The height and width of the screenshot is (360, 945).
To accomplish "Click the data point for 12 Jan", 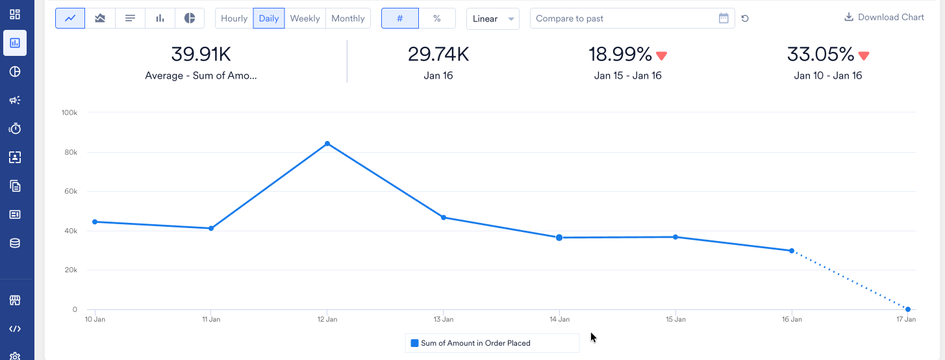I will [327, 144].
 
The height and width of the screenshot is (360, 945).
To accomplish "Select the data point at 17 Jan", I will [907, 309].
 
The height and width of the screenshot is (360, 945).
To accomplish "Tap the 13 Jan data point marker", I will [444, 218].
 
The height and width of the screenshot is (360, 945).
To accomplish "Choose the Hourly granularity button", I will [234, 18].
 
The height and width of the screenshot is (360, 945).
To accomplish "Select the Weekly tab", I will [305, 18].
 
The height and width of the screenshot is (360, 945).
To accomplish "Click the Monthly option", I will [347, 18].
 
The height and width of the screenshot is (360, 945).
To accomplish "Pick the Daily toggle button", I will [269, 18].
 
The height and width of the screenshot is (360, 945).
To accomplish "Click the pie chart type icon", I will [190, 18].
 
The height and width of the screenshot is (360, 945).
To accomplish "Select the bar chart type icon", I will [160, 18].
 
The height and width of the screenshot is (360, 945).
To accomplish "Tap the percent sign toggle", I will [437, 18].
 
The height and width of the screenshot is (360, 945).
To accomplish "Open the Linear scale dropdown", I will [492, 18].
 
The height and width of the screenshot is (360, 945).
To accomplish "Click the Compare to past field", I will [624, 18].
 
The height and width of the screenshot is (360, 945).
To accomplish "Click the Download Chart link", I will [884, 18].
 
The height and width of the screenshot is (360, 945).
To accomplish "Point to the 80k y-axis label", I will [69, 152].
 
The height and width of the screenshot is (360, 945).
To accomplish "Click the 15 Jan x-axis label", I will [675, 319].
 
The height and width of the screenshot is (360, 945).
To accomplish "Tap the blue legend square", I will [414, 343].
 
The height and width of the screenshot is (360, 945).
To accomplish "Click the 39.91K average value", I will [201, 54].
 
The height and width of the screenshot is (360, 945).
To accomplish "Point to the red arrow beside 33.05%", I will [863, 56].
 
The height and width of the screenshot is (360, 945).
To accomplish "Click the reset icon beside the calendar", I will [745, 18].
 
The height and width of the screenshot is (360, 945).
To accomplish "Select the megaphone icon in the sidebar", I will [15, 100].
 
